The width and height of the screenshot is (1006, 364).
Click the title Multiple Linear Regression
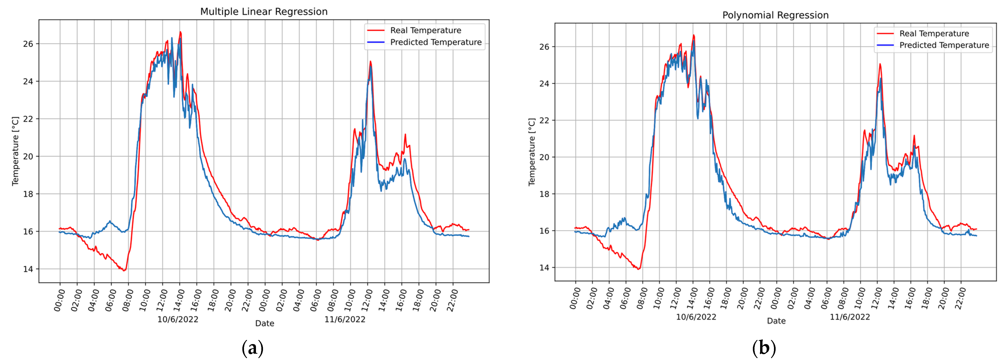point(264,12)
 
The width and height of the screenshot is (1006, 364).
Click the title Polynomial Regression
point(775,15)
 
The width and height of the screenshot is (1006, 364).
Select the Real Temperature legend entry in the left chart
point(425,30)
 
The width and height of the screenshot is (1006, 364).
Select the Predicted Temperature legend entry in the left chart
point(435,42)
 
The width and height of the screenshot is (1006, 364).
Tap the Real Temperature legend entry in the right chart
point(934,34)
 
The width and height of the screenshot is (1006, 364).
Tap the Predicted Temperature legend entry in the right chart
point(944,45)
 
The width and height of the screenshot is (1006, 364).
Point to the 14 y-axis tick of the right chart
point(544,268)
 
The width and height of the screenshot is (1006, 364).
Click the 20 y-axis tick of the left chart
point(28,156)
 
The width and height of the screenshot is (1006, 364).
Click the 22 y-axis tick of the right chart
point(544,120)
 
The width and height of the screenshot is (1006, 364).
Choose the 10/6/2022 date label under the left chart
point(178,319)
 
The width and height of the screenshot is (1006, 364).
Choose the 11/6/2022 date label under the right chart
point(850,317)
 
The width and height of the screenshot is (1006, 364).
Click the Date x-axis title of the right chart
point(776,321)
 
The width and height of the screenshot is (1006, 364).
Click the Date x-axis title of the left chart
point(264,323)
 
